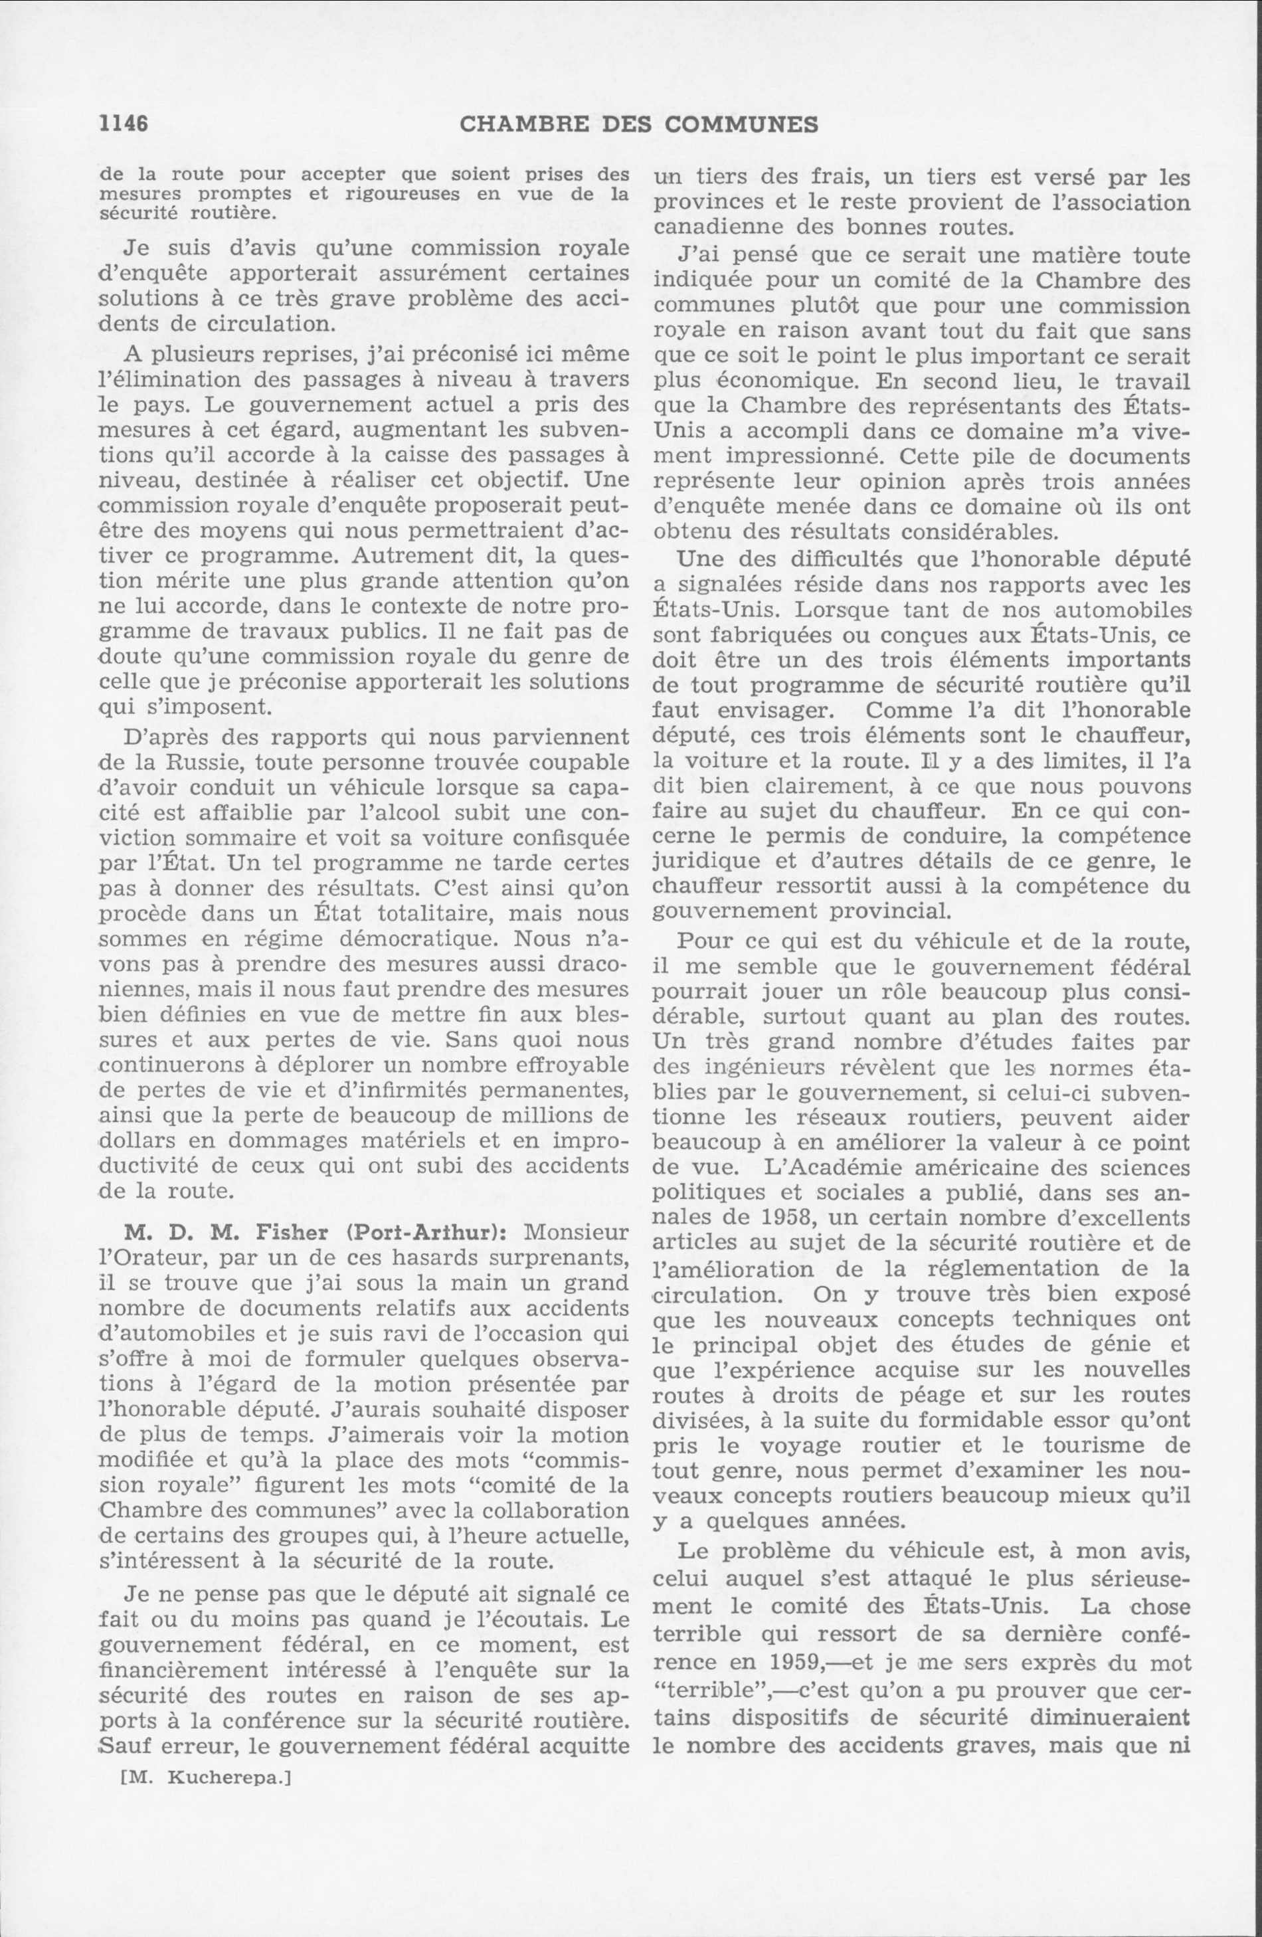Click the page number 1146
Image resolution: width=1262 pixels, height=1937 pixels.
(x=122, y=124)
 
